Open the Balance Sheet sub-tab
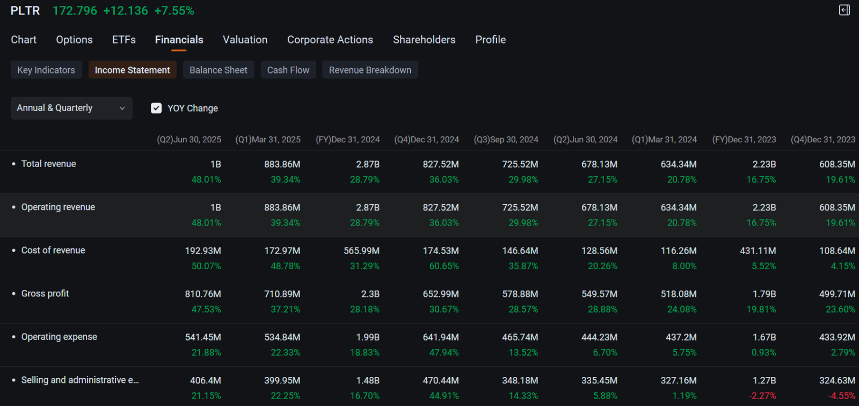pyautogui.click(x=218, y=70)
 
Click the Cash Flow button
pyautogui.click(x=288, y=70)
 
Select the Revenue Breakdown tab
pyautogui.click(x=370, y=70)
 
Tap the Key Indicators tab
pyautogui.click(x=46, y=70)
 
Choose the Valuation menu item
pyautogui.click(x=245, y=40)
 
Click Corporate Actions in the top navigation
pyautogui.click(x=330, y=40)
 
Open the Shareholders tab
pyautogui.click(x=424, y=40)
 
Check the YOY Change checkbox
pyautogui.click(x=156, y=108)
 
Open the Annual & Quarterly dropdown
pyautogui.click(x=71, y=108)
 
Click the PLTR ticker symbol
pyautogui.click(x=25, y=11)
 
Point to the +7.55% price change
pyautogui.click(x=174, y=11)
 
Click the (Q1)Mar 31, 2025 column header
pyautogui.click(x=267, y=140)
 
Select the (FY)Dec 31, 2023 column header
pyautogui.click(x=744, y=140)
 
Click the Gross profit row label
pyautogui.click(x=45, y=294)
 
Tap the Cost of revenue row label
pyautogui.click(x=53, y=250)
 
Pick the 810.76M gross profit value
pyautogui.click(x=203, y=294)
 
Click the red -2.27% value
pyautogui.click(x=762, y=396)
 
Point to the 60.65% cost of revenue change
pyautogui.click(x=443, y=266)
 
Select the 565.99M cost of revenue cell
pyautogui.click(x=361, y=251)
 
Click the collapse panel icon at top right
pyautogui.click(x=845, y=10)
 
